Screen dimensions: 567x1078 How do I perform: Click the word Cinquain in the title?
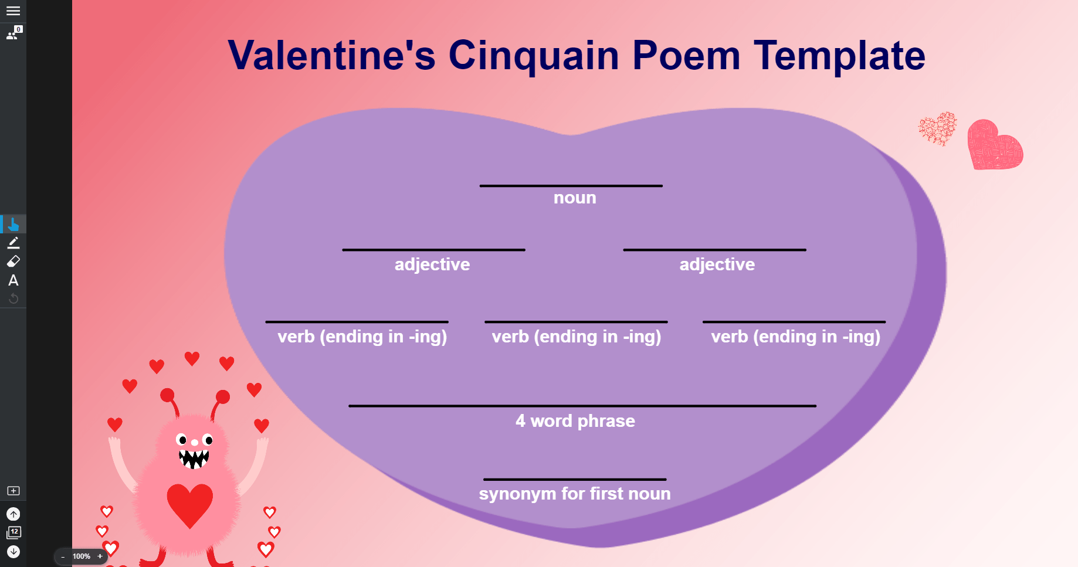(x=533, y=56)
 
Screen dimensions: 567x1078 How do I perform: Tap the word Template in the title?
(x=839, y=56)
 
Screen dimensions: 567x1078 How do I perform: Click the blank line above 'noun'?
(x=571, y=186)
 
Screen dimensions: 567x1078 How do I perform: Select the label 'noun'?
(x=575, y=198)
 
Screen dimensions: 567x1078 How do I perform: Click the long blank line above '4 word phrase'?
(x=582, y=406)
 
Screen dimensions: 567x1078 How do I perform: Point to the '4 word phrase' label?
(x=575, y=421)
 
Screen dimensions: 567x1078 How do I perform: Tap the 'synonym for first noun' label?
(x=575, y=494)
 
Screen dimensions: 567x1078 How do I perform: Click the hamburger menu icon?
(x=13, y=11)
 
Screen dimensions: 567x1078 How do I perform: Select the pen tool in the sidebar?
(x=13, y=243)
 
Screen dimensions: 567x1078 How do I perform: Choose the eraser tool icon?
(x=13, y=261)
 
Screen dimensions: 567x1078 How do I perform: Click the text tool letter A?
(x=13, y=280)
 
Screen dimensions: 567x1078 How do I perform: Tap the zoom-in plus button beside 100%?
(x=100, y=556)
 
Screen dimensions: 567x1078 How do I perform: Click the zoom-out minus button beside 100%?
(x=63, y=556)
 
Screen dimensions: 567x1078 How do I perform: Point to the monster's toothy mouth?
(x=194, y=458)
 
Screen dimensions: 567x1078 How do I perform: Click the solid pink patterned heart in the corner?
(x=994, y=146)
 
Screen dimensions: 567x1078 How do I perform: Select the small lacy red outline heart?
(x=937, y=128)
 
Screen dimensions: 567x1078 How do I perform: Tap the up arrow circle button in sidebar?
(x=13, y=514)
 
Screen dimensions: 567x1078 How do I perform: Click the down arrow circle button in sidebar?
(x=13, y=552)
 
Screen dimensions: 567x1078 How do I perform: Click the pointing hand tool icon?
(x=13, y=224)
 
